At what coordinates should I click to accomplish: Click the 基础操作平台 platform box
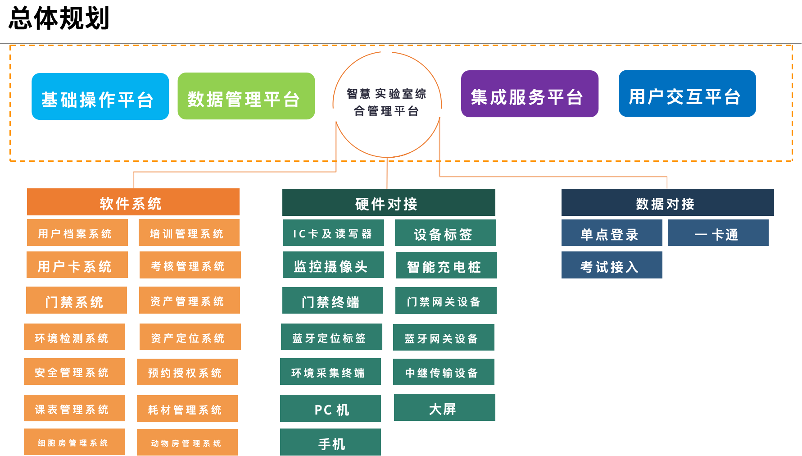[x=100, y=97]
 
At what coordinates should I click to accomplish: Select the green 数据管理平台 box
[x=246, y=96]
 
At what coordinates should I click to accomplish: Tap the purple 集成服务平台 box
[x=529, y=94]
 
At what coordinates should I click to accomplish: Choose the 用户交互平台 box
[x=687, y=94]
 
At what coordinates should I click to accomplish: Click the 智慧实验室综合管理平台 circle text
[x=387, y=102]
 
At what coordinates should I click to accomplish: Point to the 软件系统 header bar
[x=133, y=202]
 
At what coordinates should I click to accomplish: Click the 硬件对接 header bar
[x=388, y=203]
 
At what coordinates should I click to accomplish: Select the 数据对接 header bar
[x=667, y=202]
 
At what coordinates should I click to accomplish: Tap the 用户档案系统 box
[x=77, y=233]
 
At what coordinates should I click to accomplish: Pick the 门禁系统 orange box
[x=76, y=300]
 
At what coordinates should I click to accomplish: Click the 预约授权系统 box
[x=187, y=372]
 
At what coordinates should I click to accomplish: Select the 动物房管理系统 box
[x=187, y=442]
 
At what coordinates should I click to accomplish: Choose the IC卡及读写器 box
[x=333, y=233]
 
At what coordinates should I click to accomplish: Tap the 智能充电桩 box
[x=446, y=265]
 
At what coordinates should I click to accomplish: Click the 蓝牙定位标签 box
[x=331, y=337]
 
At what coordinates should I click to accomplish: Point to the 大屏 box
[x=444, y=408]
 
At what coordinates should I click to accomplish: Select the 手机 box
[x=330, y=442]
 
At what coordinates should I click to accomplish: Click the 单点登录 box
[x=612, y=233]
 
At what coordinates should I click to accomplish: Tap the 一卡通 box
[x=718, y=233]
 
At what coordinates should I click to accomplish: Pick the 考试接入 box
[x=612, y=265]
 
